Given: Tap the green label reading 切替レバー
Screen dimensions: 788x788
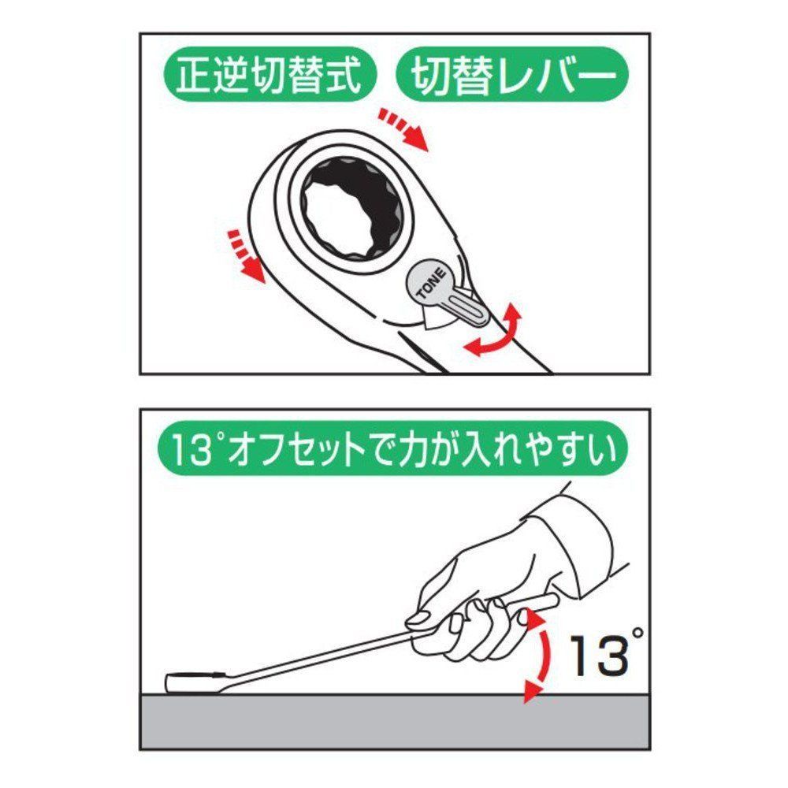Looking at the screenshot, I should (x=513, y=76).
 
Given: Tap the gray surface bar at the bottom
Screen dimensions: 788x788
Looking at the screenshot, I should (x=394, y=721).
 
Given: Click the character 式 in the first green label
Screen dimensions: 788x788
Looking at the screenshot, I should (x=344, y=76).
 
